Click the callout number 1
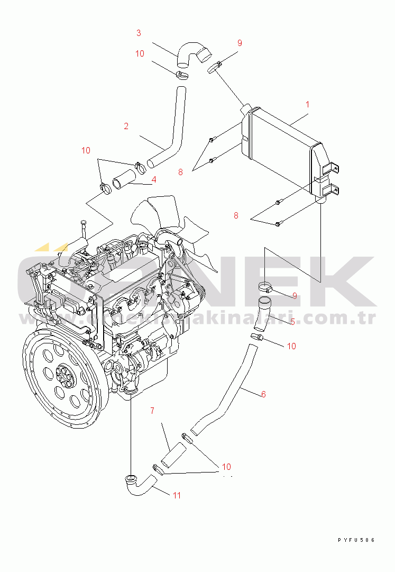tap(308, 104)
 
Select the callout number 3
tap(139, 33)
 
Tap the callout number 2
tap(126, 126)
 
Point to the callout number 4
tap(153, 180)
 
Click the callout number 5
tap(292, 321)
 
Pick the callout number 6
tap(263, 394)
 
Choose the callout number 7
tap(152, 410)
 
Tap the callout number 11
tap(177, 495)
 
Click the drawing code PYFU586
tap(356, 540)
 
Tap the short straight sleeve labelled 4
tap(123, 180)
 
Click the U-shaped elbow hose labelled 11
tap(138, 485)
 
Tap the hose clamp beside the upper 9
tap(214, 67)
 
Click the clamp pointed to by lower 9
tap(265, 288)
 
